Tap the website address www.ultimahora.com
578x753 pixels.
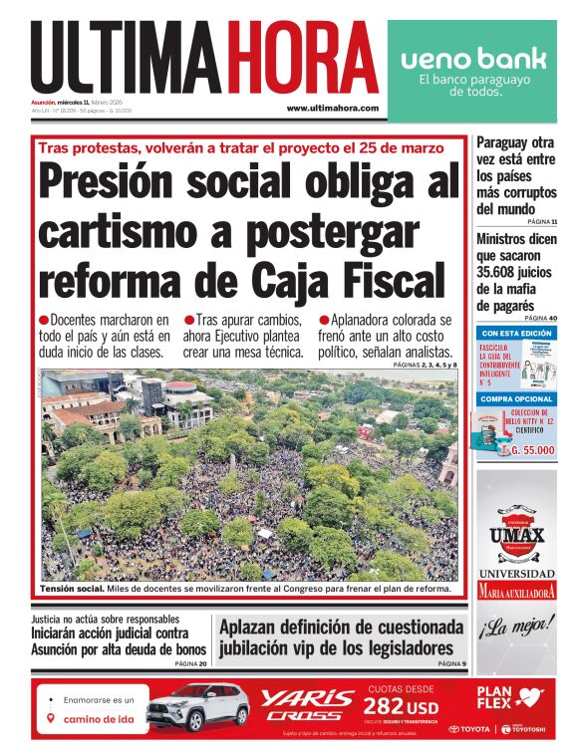pos(332,108)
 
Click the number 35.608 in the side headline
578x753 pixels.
pos(505,272)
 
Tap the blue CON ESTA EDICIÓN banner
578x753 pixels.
pos(516,333)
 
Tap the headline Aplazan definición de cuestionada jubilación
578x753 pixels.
pos(341,637)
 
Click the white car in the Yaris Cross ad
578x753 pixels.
pos(197,708)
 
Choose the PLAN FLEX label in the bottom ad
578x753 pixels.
pos(501,695)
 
